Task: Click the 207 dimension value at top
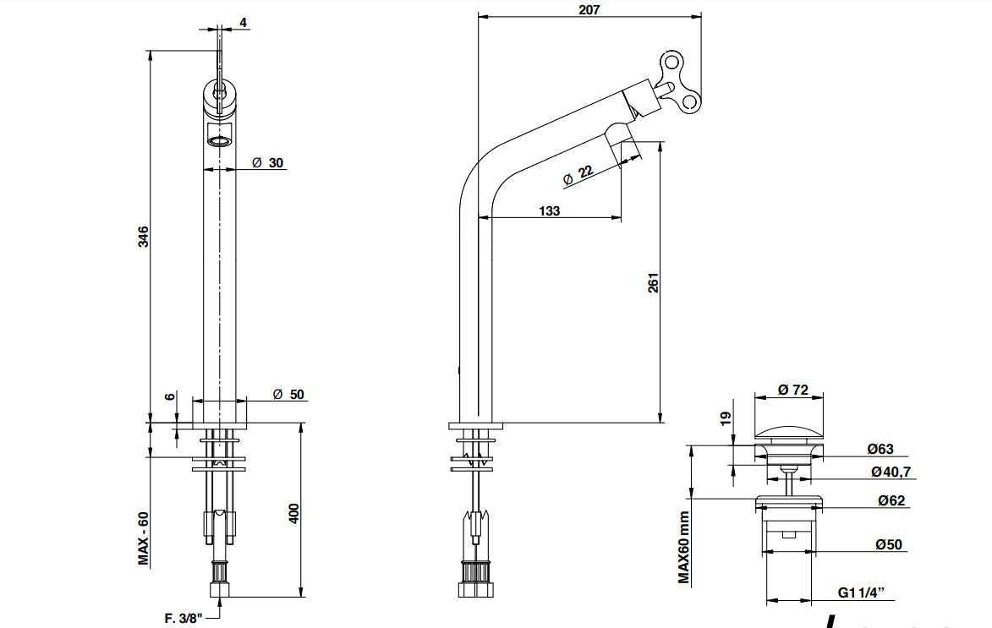click(x=589, y=9)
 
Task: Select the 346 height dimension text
click(x=144, y=237)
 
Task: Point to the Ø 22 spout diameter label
click(x=578, y=175)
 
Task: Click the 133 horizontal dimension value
click(x=549, y=210)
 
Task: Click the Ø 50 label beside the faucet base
click(x=288, y=394)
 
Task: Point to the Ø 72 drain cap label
click(x=793, y=390)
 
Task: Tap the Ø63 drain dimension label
click(x=880, y=450)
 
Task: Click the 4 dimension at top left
click(x=244, y=23)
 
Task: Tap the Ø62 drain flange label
click(x=891, y=500)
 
